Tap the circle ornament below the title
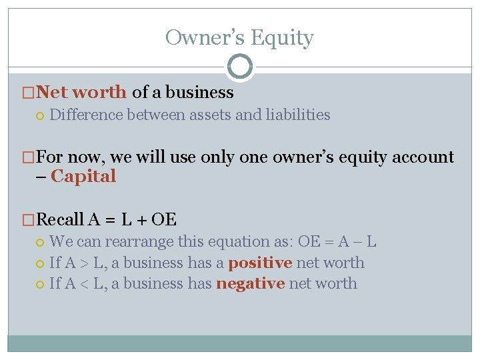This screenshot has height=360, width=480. point(240,67)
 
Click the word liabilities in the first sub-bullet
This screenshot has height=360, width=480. point(298,115)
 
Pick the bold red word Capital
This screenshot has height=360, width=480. point(83,176)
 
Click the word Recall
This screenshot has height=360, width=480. point(60,219)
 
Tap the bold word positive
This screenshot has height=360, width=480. point(260,263)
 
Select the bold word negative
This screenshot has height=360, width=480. point(250,283)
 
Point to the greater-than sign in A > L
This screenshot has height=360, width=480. point(88,263)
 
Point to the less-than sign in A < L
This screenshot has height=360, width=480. point(88,284)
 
